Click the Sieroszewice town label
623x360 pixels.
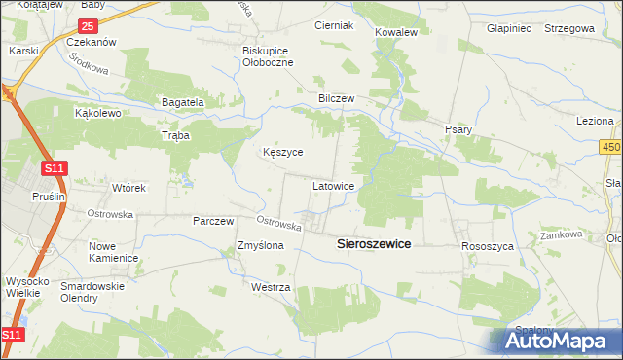tap(374, 245)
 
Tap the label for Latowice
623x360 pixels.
tap(339, 185)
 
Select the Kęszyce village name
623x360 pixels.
tap(283, 153)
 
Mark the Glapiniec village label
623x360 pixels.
tap(512, 28)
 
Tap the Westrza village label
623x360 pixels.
tap(271, 289)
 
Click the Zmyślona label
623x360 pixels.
tap(260, 246)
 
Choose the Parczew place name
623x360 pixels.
tap(213, 221)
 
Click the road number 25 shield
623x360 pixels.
tap(88, 25)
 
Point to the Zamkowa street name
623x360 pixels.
tap(562, 234)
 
